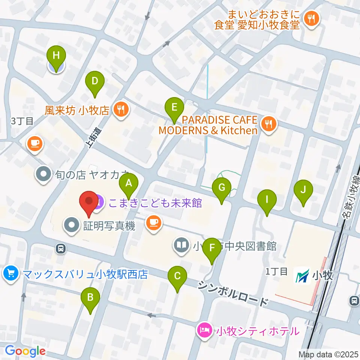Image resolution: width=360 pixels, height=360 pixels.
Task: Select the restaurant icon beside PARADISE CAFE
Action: coord(268,124)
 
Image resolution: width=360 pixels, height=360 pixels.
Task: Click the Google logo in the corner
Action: coord(25,351)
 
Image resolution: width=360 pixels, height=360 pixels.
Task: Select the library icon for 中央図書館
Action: coord(182,246)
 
